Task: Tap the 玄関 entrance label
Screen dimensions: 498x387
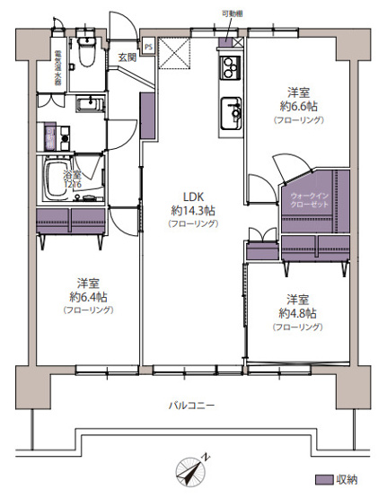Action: click(x=126, y=58)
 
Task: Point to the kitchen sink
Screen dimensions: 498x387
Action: click(x=232, y=112)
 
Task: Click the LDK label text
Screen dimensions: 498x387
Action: click(x=193, y=197)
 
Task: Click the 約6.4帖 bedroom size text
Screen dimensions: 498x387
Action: click(x=87, y=295)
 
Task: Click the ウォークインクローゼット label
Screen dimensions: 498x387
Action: click(x=310, y=199)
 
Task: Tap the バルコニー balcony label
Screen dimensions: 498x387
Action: click(x=192, y=406)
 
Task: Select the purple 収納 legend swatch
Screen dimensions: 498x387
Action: click(x=324, y=481)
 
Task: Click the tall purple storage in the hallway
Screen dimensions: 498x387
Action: click(x=146, y=113)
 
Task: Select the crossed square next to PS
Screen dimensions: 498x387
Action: click(x=172, y=56)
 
